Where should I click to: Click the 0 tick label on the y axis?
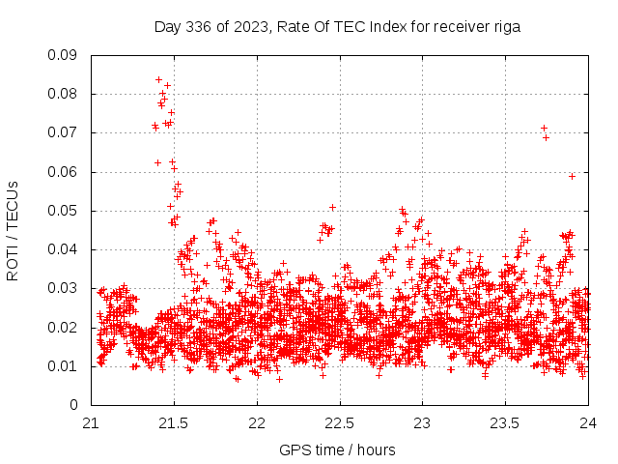[74, 405]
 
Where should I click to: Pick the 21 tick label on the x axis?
[91, 423]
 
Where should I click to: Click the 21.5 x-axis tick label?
[174, 423]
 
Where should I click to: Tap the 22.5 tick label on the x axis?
[340, 423]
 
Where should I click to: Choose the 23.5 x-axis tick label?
[506, 423]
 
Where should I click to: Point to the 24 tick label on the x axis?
[589, 423]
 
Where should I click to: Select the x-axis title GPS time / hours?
[337, 449]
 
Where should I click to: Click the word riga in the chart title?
[506, 27]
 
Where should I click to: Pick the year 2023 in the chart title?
[250, 27]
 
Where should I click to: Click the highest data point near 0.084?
[159, 79]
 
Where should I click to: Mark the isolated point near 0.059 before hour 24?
[573, 176]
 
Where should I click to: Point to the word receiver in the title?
[458, 27]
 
